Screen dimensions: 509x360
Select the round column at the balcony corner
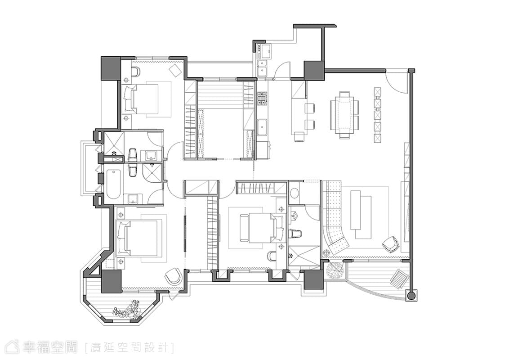click(x=411, y=296)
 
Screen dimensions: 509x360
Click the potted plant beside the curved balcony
click(x=334, y=270)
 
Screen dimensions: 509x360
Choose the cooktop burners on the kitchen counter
click(x=262, y=99)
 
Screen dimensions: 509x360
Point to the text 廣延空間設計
click(x=129, y=348)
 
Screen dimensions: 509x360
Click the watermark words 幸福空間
click(x=51, y=347)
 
